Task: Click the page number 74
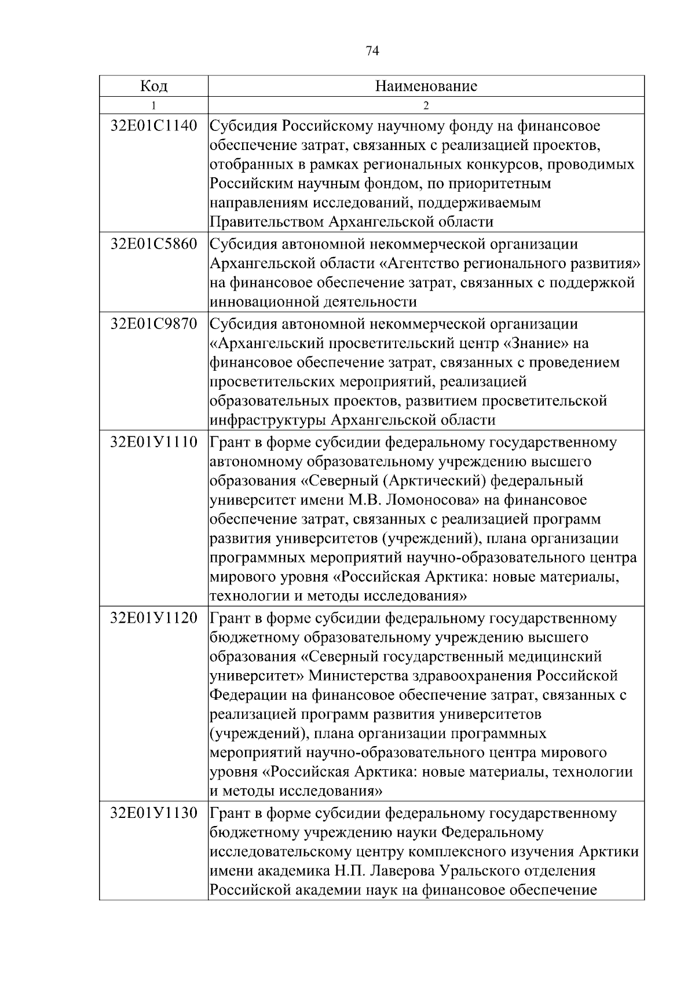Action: (x=372, y=52)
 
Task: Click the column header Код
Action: (x=153, y=86)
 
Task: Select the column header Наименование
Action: (x=426, y=86)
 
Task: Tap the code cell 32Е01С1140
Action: (x=153, y=126)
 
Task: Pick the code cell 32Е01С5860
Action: (x=153, y=244)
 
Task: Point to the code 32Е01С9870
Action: (x=153, y=323)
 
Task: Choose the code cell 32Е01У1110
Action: (x=153, y=442)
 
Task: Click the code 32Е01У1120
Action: (x=153, y=618)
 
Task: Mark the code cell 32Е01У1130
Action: (x=153, y=813)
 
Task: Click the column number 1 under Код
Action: (x=153, y=105)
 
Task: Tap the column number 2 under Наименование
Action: (x=426, y=105)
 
